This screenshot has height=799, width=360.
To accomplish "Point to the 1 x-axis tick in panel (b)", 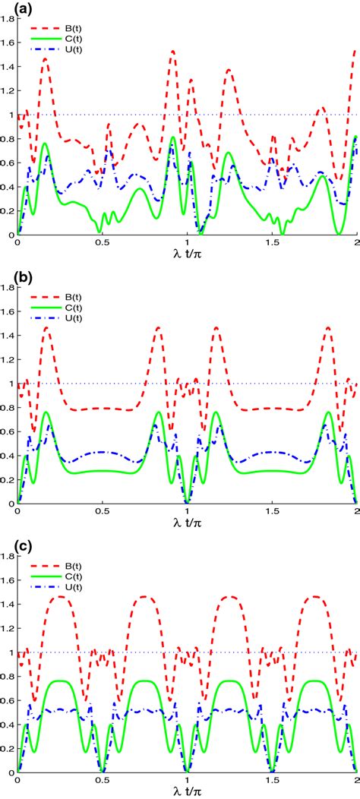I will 188,512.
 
